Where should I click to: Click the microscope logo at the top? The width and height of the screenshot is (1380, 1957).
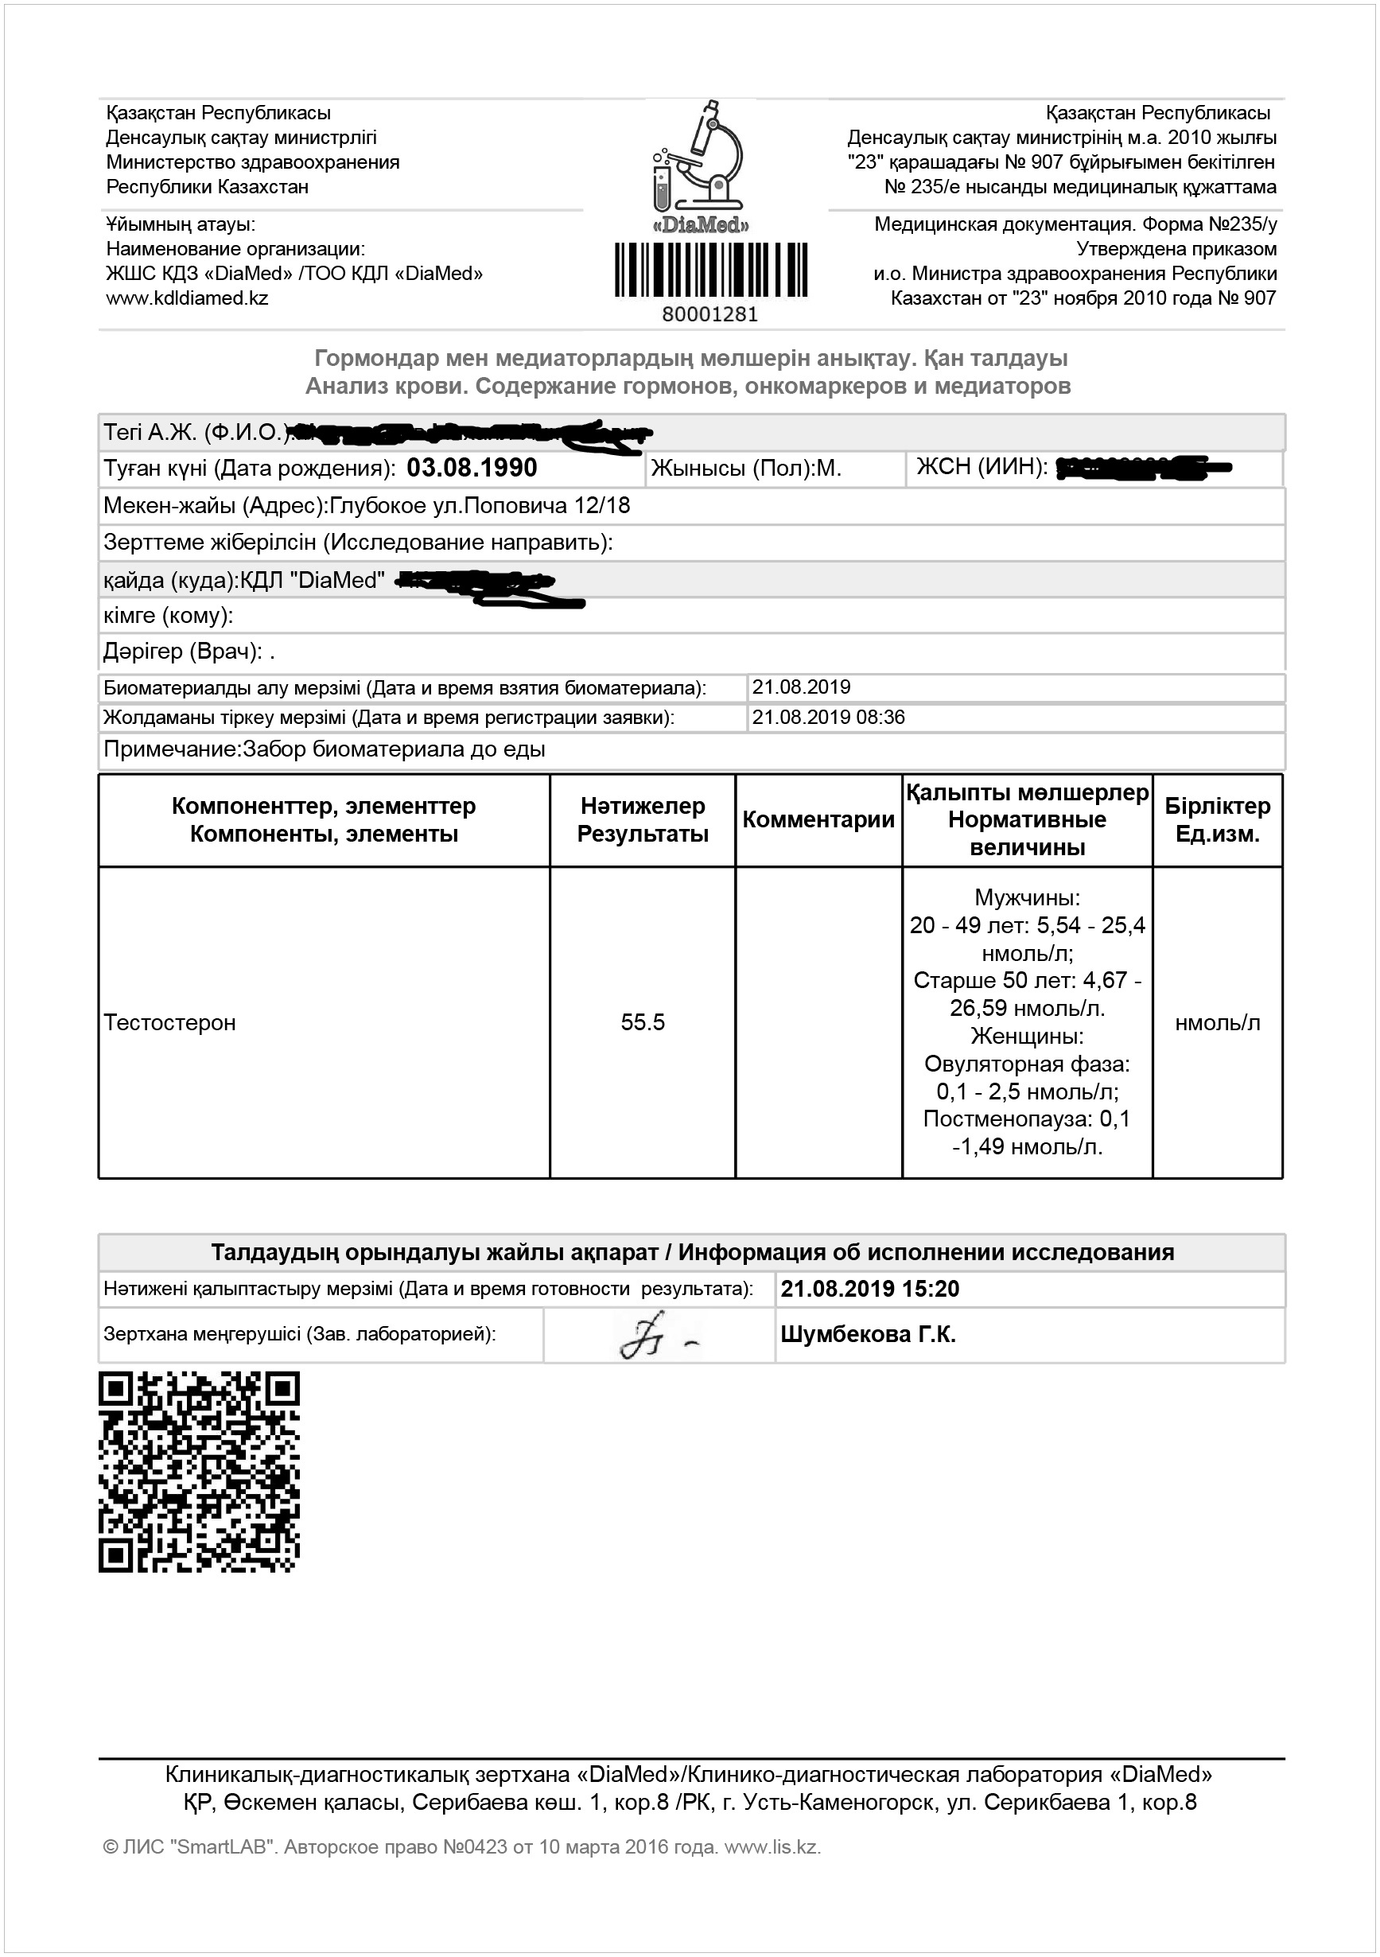point(701,157)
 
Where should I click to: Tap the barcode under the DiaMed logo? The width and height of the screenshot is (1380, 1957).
point(711,270)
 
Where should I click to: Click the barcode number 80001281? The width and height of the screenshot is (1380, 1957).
point(710,314)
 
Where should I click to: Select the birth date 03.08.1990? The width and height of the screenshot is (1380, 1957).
point(472,468)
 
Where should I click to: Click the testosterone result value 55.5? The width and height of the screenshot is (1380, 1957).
point(643,1022)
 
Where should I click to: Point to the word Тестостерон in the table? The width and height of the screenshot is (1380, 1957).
point(169,1022)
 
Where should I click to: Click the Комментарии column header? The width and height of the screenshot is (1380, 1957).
point(818,820)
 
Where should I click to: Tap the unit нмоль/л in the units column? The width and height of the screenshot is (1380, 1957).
point(1217,1023)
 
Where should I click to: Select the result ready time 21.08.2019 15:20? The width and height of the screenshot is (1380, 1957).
point(869,1289)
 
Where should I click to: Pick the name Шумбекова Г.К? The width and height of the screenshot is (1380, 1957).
point(868,1335)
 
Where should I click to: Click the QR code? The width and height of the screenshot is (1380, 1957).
point(200,1472)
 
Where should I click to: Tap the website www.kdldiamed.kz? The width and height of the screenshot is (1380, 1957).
point(187,298)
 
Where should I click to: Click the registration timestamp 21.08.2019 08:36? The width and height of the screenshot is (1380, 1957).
point(828,718)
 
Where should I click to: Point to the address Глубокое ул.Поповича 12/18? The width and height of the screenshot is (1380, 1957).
point(480,505)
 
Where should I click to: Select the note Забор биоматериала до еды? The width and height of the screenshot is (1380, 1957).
point(394,750)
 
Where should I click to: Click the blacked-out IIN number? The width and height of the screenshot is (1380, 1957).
point(1142,467)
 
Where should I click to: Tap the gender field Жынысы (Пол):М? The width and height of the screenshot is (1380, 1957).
point(746,468)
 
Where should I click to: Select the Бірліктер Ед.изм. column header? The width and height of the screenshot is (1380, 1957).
point(1217,820)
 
